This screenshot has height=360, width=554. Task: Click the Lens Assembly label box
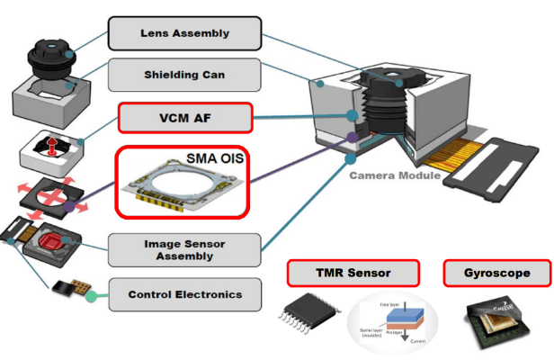point(184,33)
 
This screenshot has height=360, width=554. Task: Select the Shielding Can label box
point(184,75)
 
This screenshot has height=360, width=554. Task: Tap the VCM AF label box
point(184,117)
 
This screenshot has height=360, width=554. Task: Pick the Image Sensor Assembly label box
point(184,249)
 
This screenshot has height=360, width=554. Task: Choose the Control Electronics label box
point(184,294)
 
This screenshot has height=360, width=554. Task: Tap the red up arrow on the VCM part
point(52,147)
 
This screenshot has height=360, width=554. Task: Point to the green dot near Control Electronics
point(91,295)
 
